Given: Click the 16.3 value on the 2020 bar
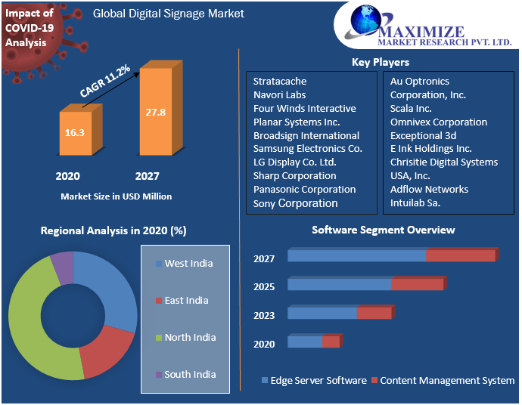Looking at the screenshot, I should coord(74,132).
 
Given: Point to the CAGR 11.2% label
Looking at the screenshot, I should coord(104,81).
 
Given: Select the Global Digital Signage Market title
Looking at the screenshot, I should coord(168,14).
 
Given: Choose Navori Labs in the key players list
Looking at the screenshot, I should coord(280,94).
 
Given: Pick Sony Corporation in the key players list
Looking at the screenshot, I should coord(296,203).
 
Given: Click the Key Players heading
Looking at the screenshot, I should coord(381,62).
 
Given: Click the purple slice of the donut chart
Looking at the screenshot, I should coord(62,267).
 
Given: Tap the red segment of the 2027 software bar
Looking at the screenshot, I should coord(460,255).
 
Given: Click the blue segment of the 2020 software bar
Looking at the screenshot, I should coord(304,342).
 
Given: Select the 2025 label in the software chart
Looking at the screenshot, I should coord(264,287).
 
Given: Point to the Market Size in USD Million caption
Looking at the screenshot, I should coord(116,196).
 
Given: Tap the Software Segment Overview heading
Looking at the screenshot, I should coord(384,230).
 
